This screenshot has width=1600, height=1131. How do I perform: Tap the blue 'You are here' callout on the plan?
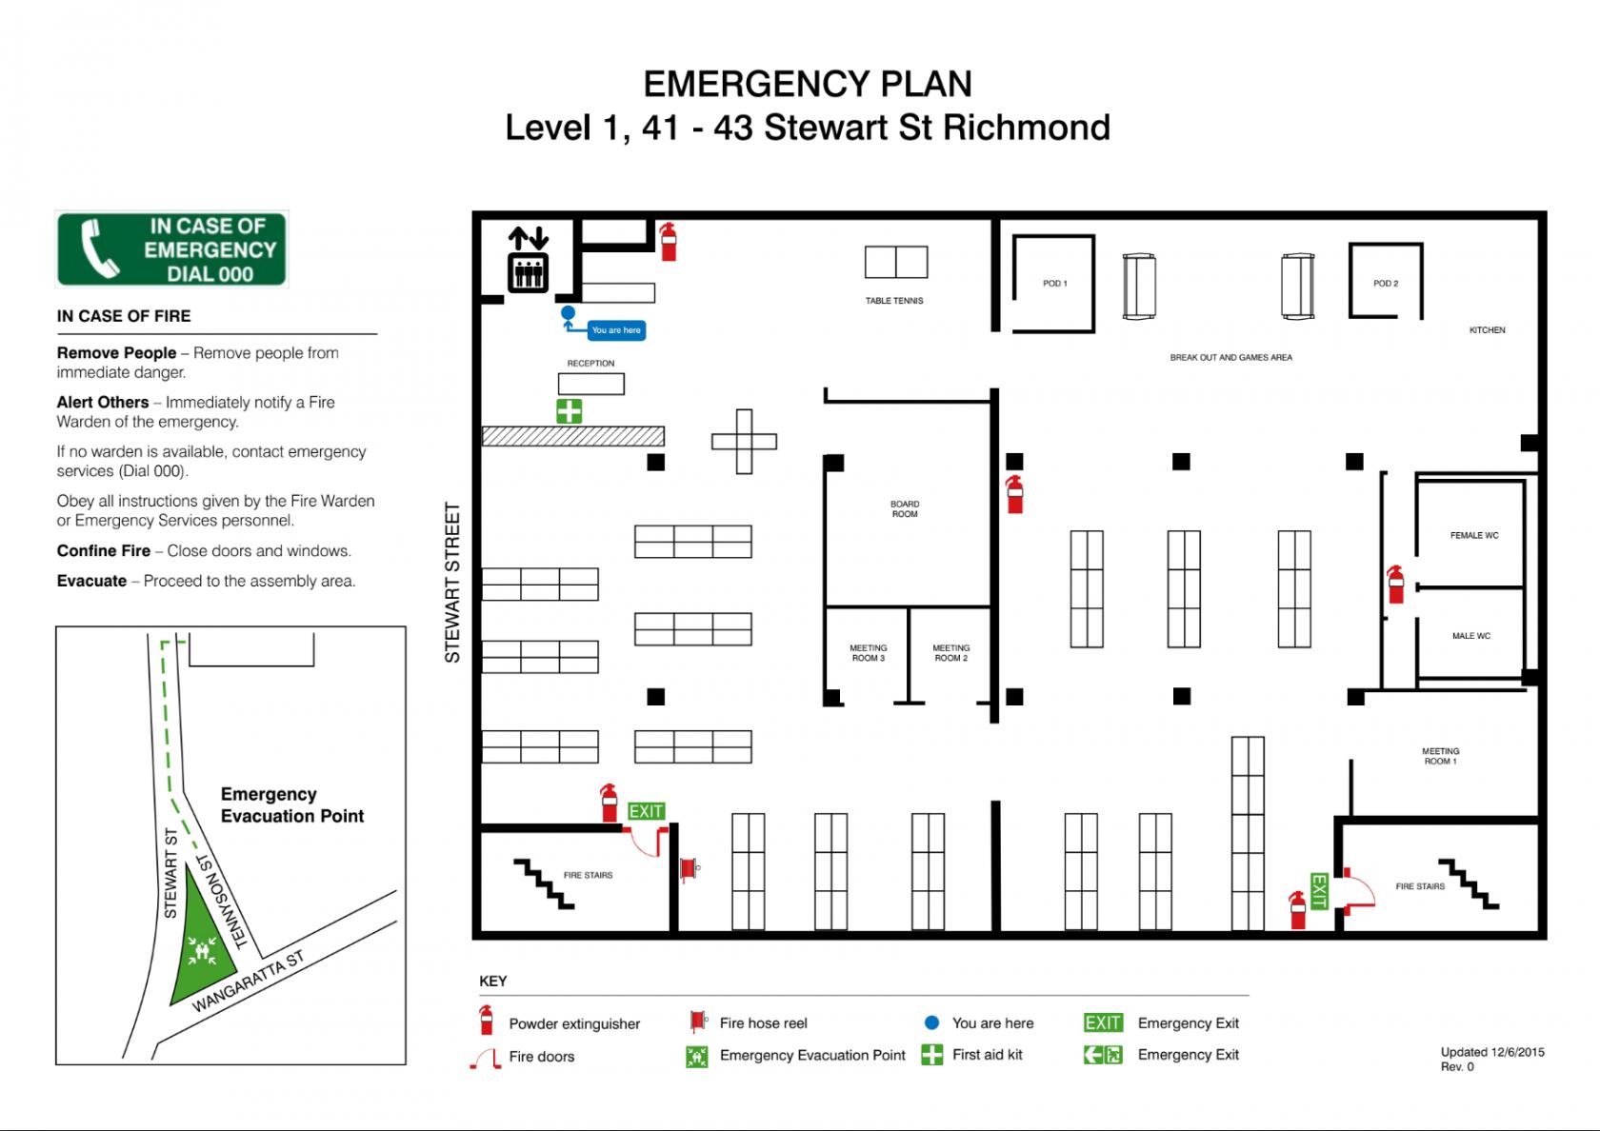(x=615, y=329)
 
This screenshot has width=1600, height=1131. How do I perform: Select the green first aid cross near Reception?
(x=570, y=411)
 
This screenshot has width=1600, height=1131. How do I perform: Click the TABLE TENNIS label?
(x=894, y=301)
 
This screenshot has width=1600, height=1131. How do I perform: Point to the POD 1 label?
(x=1055, y=284)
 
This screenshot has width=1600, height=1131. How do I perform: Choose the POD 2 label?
(x=1386, y=284)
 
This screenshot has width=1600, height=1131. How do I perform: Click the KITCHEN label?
(x=1488, y=329)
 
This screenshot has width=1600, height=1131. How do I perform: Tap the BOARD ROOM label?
(x=905, y=509)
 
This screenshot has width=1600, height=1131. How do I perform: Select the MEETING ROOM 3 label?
(x=869, y=653)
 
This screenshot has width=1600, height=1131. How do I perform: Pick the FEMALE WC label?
(x=1474, y=535)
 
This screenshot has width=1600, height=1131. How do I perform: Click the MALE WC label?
(x=1471, y=636)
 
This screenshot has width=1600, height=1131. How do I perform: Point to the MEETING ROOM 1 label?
(x=1441, y=756)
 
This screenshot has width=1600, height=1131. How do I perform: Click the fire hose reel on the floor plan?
(x=690, y=869)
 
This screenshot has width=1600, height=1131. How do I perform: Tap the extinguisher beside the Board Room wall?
(x=1015, y=494)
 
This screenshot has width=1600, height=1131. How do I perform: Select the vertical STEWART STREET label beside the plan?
(x=453, y=583)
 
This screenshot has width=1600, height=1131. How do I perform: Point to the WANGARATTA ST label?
(x=249, y=981)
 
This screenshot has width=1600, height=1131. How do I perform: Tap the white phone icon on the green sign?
(x=99, y=248)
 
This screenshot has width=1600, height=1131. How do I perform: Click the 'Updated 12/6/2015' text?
(x=1492, y=1052)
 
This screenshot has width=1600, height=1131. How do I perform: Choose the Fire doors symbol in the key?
(x=486, y=1056)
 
